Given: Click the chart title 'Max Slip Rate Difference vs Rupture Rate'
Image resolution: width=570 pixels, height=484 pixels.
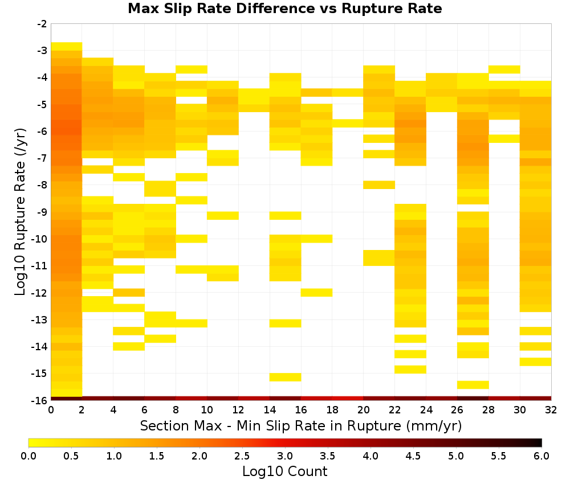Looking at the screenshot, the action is tap(284, 9).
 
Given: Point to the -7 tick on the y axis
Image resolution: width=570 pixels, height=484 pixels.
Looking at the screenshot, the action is tap(42, 158).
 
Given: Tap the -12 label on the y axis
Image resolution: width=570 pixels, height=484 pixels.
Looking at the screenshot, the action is tap(40, 293).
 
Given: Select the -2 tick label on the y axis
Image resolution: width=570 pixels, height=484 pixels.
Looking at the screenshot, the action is tap(42, 24).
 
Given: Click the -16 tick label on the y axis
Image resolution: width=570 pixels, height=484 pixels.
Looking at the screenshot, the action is tap(40, 400).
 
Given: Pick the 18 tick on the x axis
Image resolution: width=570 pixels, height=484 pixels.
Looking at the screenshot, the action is tap(332, 410).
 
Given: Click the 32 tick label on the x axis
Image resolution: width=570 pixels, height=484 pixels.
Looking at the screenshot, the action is tap(551, 410).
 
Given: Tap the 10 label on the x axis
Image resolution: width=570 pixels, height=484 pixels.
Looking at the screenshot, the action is tap(207, 410).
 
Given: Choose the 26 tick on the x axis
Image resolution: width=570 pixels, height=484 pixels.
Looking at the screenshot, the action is tap(457, 410).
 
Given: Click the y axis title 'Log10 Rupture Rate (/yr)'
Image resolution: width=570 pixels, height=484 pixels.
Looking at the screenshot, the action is tap(21, 212).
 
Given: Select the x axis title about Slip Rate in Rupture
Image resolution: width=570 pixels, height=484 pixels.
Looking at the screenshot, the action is tap(301, 425).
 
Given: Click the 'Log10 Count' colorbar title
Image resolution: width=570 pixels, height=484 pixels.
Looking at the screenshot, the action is tap(284, 471).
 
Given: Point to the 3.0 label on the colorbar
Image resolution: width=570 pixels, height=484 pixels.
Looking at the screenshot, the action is tap(284, 456).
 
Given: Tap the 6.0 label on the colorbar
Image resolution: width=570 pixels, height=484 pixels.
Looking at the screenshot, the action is tap(541, 456).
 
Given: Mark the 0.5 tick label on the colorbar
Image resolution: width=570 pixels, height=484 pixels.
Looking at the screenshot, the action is tap(71, 456).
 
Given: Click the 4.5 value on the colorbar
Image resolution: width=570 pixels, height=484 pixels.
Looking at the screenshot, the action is tap(413, 456).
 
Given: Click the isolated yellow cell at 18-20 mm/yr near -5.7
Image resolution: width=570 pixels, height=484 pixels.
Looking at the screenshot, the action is tap(348, 124).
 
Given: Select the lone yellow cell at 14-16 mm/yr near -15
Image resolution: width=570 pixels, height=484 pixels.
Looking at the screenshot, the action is tap(286, 377).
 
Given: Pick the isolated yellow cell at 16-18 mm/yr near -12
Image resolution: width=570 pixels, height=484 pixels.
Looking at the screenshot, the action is tap(316, 292).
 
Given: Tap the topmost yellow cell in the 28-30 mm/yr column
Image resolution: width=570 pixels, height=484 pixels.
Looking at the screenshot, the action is tap(504, 69).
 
